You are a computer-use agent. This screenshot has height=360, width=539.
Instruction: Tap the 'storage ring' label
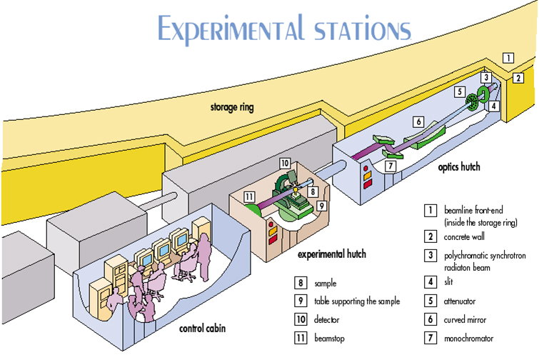pos(232,107)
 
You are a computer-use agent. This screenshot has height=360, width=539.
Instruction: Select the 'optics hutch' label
pos(459,167)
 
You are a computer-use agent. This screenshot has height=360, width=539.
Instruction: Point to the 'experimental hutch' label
pos(332,254)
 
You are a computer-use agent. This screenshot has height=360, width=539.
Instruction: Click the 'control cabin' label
pos(203,329)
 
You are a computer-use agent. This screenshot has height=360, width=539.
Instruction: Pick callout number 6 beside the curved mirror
pos(418,121)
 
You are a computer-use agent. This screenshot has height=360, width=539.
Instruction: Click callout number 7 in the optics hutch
pos(391,166)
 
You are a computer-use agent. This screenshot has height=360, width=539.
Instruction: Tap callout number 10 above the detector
pos(285,163)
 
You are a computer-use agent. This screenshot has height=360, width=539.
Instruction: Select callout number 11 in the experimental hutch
pos(249,197)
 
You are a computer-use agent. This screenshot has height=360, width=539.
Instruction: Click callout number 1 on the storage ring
pos(508,58)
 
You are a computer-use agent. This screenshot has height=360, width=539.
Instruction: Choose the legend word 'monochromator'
pos(468,339)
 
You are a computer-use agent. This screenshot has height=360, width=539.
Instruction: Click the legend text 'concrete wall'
pos(464,236)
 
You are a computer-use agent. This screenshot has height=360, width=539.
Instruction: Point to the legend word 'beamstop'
pos(329,339)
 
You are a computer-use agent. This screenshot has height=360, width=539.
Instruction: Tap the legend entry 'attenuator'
pos(460,301)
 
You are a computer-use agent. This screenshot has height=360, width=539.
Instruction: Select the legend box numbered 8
pos(301,283)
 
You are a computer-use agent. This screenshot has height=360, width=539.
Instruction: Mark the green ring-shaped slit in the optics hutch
pos(483,94)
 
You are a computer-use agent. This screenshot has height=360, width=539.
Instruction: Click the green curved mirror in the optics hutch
pos(425,135)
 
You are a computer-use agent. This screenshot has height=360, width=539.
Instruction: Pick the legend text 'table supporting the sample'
pos(357,301)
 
